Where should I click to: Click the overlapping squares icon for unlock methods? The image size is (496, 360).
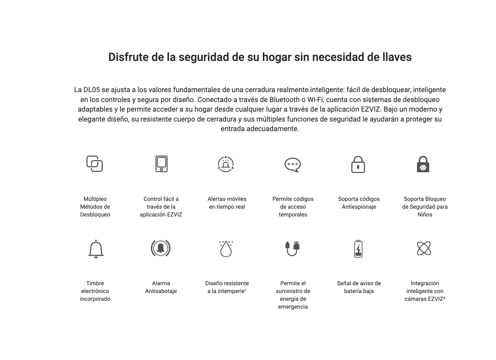click(x=95, y=164)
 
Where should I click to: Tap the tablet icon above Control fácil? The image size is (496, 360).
click(x=161, y=164)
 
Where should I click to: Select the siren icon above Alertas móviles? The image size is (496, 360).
click(x=226, y=164)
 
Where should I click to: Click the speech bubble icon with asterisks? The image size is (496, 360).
click(x=293, y=165)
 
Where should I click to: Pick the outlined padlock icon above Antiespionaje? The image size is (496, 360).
click(x=358, y=164)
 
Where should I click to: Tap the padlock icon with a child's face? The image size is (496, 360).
click(x=423, y=164)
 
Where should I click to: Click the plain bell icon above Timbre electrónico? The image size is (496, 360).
click(x=96, y=249)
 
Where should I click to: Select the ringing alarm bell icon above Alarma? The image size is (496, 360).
click(x=160, y=248)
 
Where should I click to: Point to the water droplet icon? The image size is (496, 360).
click(x=226, y=249)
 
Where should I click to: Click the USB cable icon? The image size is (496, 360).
click(x=292, y=248)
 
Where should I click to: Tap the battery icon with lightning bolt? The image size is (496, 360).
click(x=358, y=248)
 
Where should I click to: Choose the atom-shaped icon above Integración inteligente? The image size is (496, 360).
click(x=424, y=248)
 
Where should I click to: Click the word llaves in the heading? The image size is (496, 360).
click(x=396, y=57)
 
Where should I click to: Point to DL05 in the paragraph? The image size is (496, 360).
click(x=92, y=90)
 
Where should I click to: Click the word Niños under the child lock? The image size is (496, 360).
click(x=425, y=215)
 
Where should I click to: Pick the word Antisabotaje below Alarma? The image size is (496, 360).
click(x=161, y=291)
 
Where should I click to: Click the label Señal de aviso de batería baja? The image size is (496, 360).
click(x=359, y=287)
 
